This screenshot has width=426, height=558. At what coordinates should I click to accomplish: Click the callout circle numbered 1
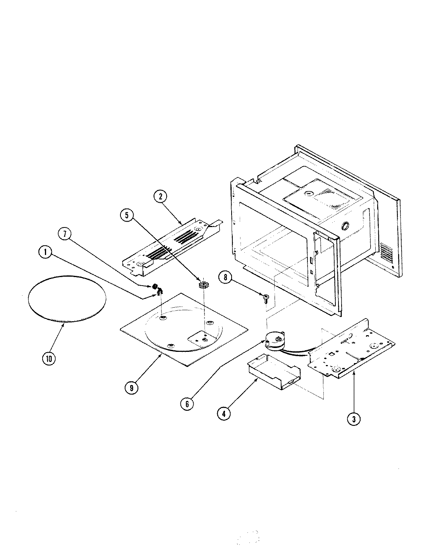46,253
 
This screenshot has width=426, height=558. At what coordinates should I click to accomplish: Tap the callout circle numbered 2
159,196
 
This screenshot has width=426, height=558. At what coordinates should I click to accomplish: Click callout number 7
64,234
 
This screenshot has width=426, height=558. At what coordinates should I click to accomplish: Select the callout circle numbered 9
132,388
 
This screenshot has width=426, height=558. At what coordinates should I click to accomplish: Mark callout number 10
48,358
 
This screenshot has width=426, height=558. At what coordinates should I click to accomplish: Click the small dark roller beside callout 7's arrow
155,287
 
